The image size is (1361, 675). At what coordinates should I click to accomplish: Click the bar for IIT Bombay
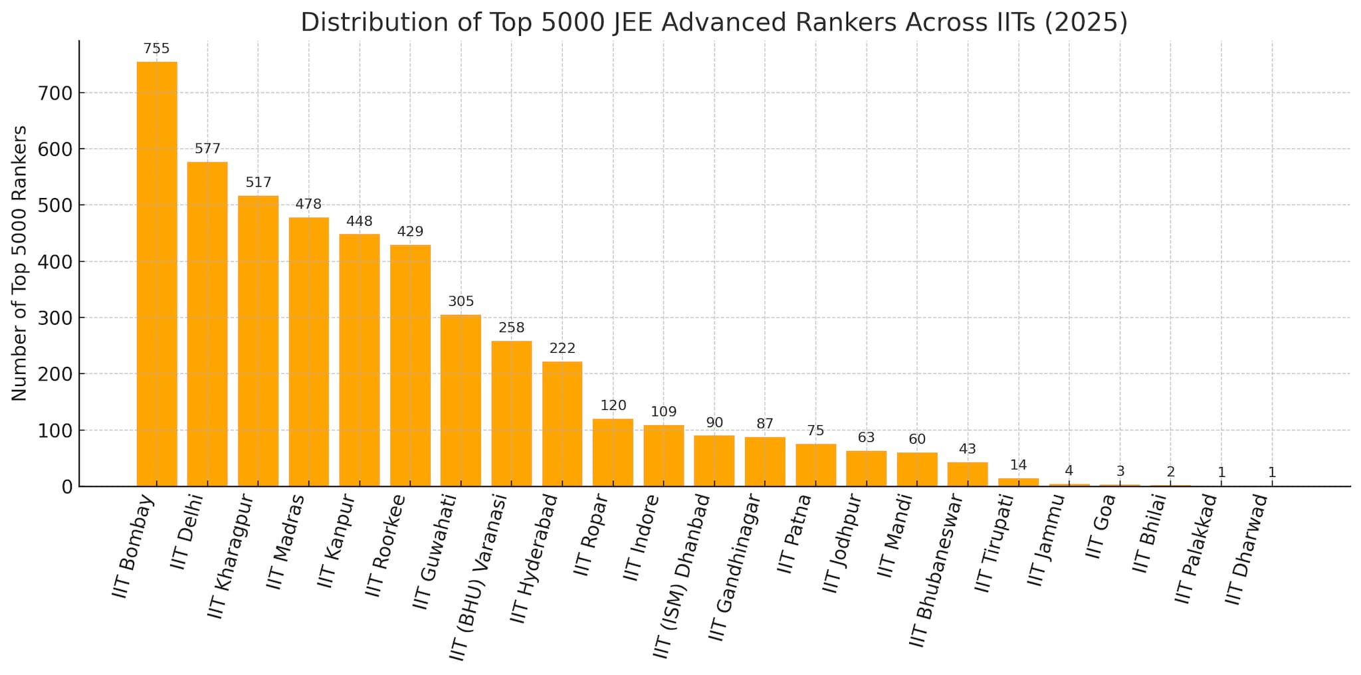[157, 274]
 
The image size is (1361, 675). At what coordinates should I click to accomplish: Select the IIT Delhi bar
[207, 324]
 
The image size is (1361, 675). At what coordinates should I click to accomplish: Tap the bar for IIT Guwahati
[461, 401]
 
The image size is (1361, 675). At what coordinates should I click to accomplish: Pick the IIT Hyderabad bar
[562, 424]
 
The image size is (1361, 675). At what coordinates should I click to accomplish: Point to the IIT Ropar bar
[613, 452]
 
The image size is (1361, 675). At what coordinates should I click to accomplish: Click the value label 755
[157, 48]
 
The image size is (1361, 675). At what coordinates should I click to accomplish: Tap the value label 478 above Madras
[308, 204]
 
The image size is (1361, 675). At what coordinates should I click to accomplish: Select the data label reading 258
[512, 328]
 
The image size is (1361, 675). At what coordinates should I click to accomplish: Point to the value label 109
[663, 411]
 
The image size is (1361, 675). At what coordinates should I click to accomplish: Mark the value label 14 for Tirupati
[1018, 465]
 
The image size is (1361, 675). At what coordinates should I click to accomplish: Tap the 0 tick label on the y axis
[66, 487]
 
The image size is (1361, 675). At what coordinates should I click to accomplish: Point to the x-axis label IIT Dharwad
[1247, 549]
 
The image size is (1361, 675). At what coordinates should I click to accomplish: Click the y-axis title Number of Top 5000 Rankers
[20, 263]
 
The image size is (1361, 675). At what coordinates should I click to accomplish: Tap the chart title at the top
[714, 22]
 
